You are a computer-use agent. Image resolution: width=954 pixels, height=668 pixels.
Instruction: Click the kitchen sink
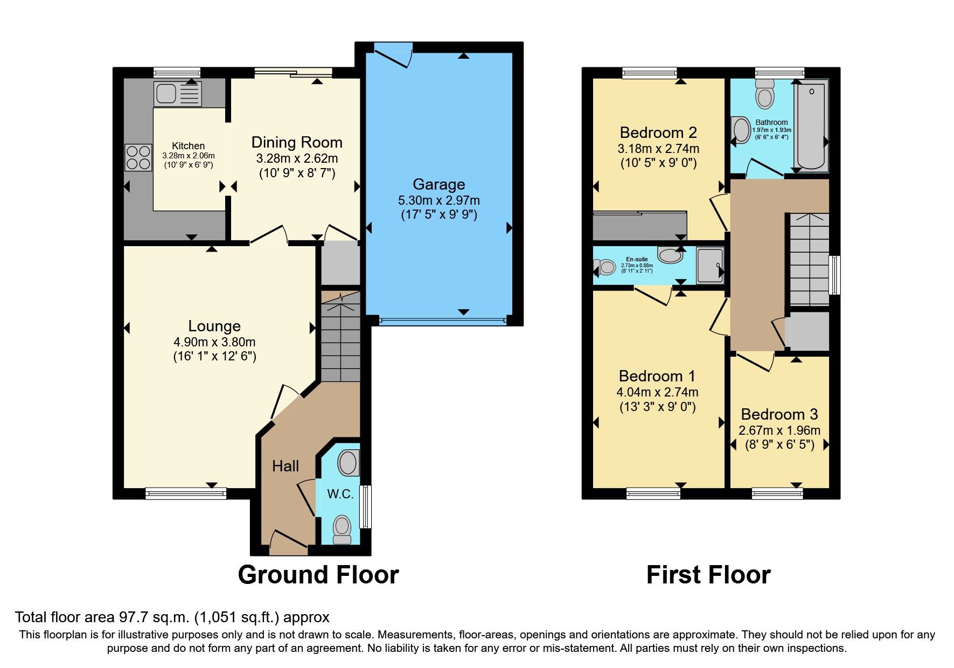click(177, 94)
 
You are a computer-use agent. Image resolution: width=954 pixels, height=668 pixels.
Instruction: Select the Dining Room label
click(297, 142)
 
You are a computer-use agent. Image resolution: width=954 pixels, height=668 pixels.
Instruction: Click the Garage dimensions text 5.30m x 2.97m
click(438, 200)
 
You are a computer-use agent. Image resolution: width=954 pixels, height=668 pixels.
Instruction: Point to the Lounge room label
click(214, 326)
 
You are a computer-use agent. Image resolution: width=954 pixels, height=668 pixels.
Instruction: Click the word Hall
click(285, 466)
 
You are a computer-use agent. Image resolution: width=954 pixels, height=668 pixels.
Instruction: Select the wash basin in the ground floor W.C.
click(349, 463)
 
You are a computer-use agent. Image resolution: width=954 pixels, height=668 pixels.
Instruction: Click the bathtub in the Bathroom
click(811, 126)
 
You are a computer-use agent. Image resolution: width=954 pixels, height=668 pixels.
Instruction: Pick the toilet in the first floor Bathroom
click(765, 96)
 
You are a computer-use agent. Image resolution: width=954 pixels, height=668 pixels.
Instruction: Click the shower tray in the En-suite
click(710, 265)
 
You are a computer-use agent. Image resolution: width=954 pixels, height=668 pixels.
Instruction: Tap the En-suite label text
click(637, 259)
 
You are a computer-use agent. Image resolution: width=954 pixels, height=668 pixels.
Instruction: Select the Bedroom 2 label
click(658, 133)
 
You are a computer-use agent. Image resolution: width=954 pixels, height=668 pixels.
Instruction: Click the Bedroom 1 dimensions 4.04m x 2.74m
click(657, 392)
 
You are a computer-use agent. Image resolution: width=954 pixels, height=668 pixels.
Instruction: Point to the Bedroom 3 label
click(779, 414)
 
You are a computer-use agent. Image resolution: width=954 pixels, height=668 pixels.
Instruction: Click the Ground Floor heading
click(318, 575)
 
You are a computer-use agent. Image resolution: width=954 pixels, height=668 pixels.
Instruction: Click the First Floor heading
click(708, 575)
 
